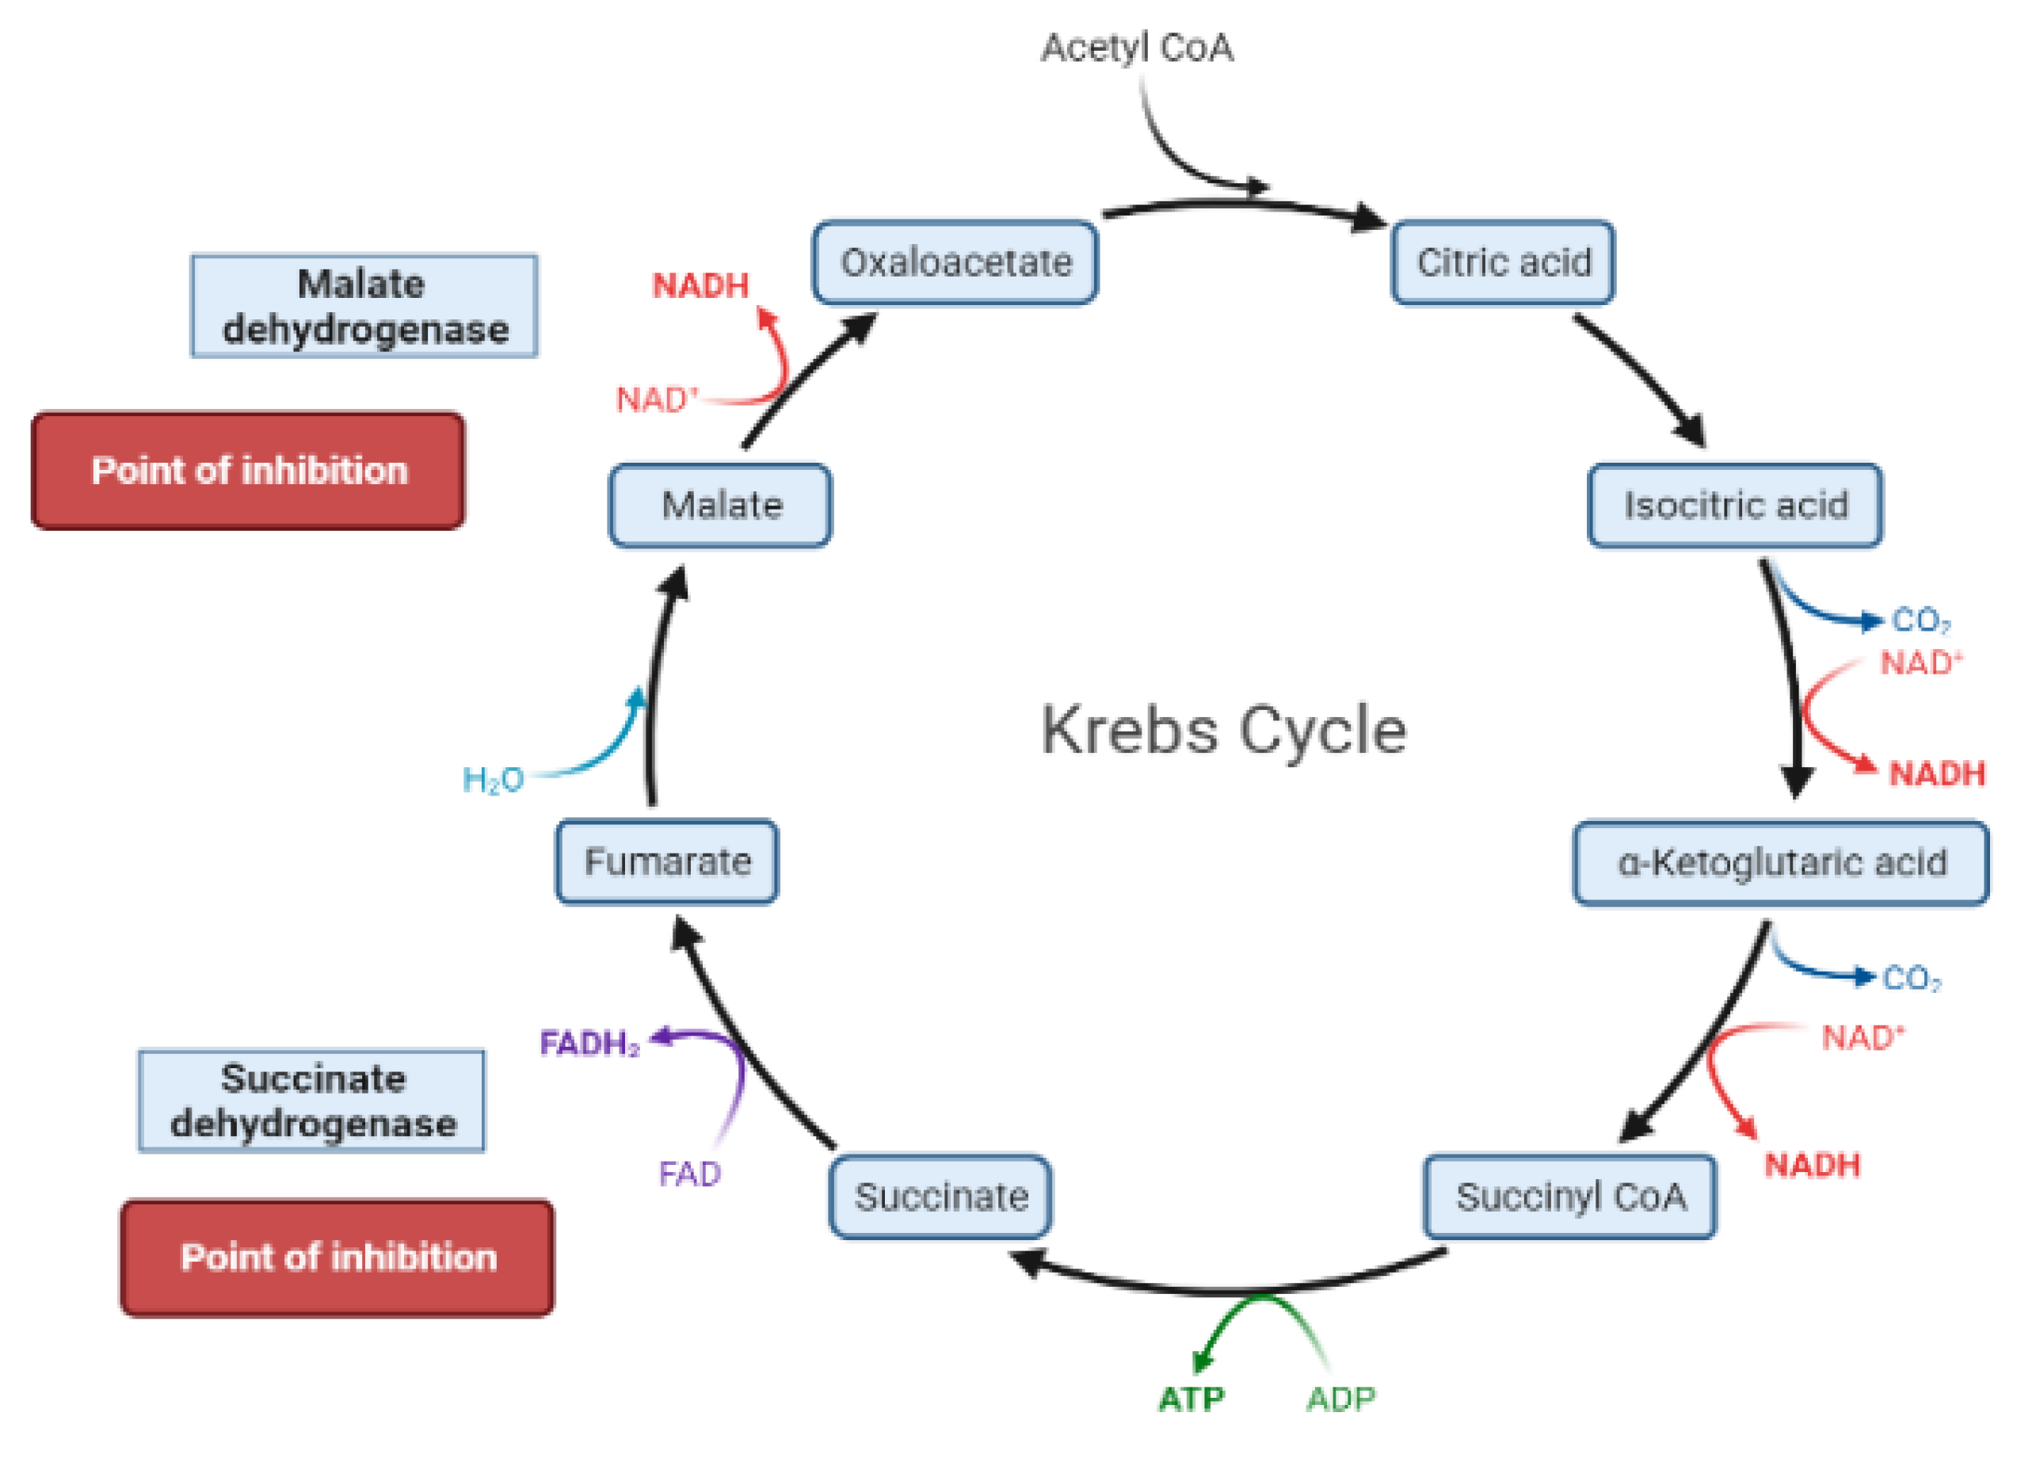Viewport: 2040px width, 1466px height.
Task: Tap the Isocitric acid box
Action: tap(1734, 505)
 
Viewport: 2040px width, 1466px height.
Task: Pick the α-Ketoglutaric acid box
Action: tap(1780, 862)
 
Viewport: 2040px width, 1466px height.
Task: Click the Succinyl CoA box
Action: tap(1569, 1196)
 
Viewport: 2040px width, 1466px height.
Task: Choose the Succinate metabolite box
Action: tap(940, 1196)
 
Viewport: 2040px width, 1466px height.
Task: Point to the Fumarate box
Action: tap(666, 861)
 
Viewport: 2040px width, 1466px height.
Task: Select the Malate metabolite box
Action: tap(719, 505)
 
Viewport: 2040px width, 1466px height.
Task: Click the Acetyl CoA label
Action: tap(1136, 48)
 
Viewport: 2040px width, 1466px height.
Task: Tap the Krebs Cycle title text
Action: tap(1223, 730)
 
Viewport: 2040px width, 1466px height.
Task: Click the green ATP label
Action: tap(1191, 1399)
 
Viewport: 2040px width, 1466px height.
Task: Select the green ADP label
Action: tap(1340, 1399)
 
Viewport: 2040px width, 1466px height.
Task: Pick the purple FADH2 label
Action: tap(589, 1043)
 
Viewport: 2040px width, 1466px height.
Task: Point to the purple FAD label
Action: tap(689, 1174)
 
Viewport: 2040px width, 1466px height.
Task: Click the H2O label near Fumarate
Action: tap(492, 779)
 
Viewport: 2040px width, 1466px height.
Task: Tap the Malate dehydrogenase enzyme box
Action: tap(364, 306)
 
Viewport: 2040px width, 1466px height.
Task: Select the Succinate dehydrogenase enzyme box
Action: tap(311, 1100)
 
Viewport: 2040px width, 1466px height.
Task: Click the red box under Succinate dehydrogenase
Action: tap(337, 1258)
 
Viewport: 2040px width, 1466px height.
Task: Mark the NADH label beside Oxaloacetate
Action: tap(700, 285)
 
